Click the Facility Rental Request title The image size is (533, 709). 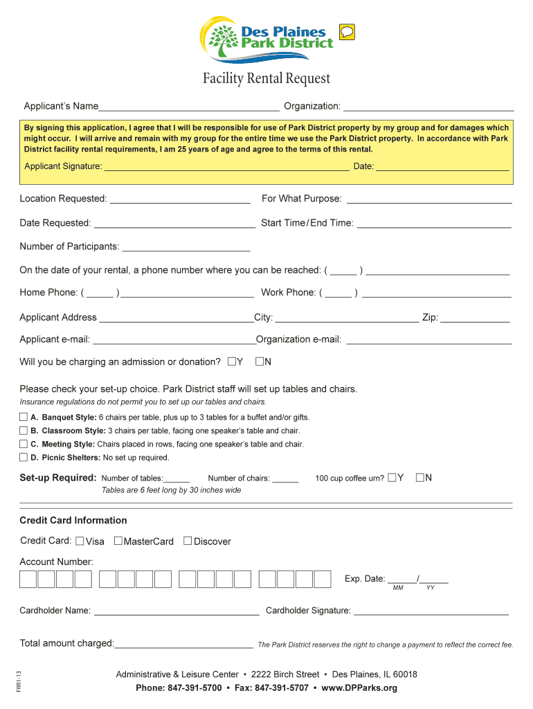[266, 79]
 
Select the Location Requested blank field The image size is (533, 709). [180, 199]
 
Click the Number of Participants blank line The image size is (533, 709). [186, 247]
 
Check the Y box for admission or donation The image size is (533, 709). [232, 361]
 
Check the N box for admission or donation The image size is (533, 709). [260, 361]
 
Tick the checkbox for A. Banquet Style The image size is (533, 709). [24, 417]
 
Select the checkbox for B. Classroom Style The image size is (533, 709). [24, 430]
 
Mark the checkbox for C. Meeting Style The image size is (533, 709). [24, 444]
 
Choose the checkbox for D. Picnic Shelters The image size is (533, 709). [24, 457]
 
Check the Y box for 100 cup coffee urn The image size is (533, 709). [392, 477]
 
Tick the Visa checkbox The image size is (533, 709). [80, 541]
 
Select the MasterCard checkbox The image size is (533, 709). [118, 541]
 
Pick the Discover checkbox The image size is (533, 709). [188, 541]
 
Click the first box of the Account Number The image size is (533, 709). [28, 579]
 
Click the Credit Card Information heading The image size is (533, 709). [73, 521]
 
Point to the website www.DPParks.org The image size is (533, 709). [359, 688]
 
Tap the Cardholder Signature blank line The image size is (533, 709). [431, 611]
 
